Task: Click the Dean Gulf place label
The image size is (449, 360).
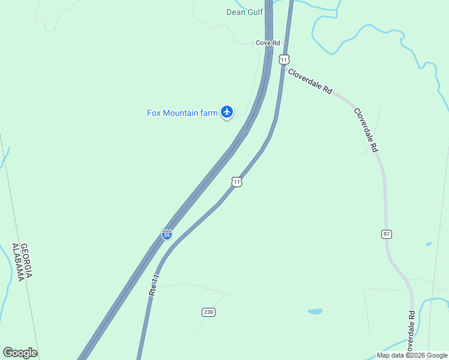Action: (x=244, y=12)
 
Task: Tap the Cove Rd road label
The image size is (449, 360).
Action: (x=268, y=43)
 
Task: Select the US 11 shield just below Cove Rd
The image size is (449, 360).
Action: (x=284, y=59)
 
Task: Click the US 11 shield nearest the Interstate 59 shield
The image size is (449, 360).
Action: (x=237, y=182)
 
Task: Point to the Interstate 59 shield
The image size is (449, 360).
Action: (x=167, y=234)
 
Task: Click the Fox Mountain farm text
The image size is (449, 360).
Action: (x=182, y=113)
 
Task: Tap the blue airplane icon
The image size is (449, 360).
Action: (x=227, y=111)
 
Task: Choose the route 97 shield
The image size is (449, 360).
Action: (x=387, y=233)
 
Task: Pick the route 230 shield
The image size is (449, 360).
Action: (x=208, y=312)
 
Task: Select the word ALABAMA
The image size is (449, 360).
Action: (x=17, y=262)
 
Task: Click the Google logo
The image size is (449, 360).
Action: (x=20, y=353)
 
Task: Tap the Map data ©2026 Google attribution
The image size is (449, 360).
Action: (x=412, y=355)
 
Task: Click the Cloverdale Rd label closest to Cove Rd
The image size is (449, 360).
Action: (x=310, y=82)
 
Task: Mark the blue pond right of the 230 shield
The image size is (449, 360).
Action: (x=315, y=311)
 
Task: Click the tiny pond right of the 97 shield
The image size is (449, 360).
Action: (x=429, y=244)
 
